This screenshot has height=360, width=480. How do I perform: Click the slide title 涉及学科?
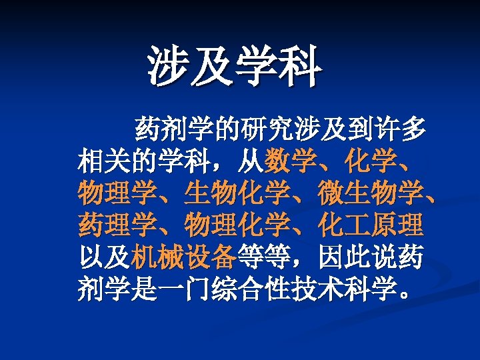[235, 68]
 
